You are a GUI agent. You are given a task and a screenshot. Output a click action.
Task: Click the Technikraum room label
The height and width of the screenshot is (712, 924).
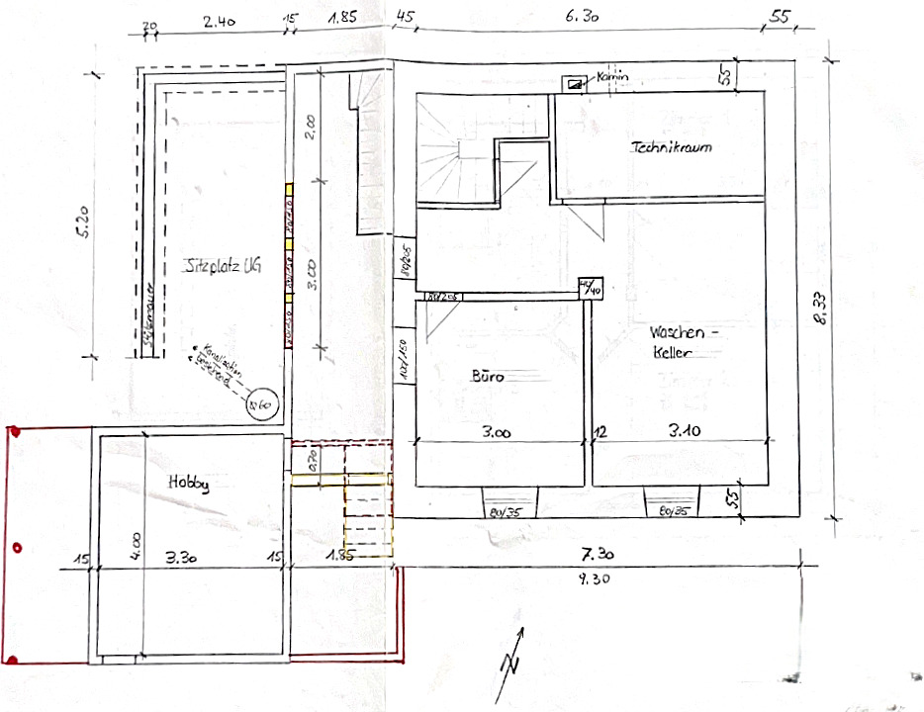click(x=672, y=147)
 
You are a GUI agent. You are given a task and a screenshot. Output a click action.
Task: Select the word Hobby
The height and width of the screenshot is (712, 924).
click(x=187, y=484)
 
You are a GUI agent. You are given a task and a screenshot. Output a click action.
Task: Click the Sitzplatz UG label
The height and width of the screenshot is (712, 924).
click(x=223, y=266)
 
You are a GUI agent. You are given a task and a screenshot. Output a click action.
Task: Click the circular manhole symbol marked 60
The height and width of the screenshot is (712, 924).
click(x=263, y=404)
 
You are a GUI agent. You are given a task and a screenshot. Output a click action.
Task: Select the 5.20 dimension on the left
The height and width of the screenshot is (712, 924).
click(x=87, y=223)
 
